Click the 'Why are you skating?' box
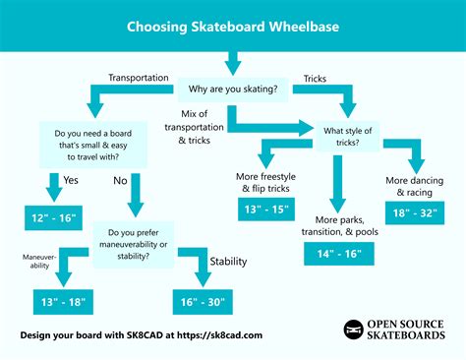233,90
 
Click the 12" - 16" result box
55,214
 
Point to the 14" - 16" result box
339,255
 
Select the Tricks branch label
315,77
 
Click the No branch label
120,182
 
